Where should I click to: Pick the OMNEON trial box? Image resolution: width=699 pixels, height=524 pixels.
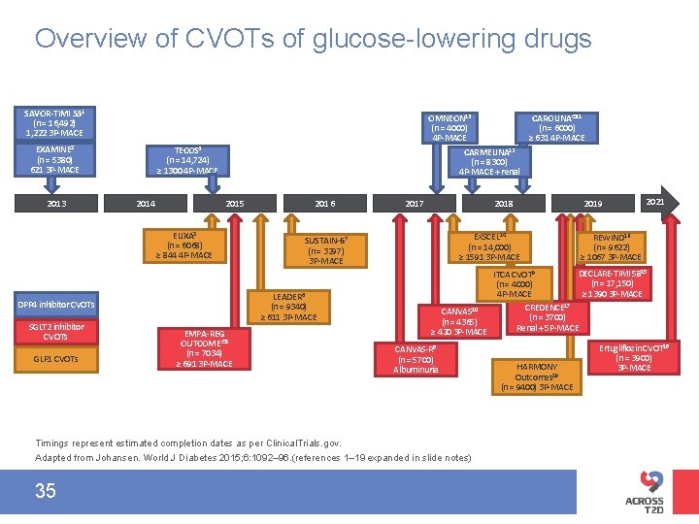449,127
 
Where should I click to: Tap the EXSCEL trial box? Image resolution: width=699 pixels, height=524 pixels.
488,246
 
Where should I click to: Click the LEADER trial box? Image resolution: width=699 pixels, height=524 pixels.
288,307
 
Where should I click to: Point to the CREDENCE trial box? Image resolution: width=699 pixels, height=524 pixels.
548,317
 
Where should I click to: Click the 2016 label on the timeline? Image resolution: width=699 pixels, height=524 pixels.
325,204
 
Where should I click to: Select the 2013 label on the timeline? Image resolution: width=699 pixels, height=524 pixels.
57,204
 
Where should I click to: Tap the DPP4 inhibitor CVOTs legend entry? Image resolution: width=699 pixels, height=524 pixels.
55,305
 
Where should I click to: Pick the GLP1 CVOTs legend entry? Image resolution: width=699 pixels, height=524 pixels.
55,359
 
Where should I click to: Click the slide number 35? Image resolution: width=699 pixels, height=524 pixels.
46,491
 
